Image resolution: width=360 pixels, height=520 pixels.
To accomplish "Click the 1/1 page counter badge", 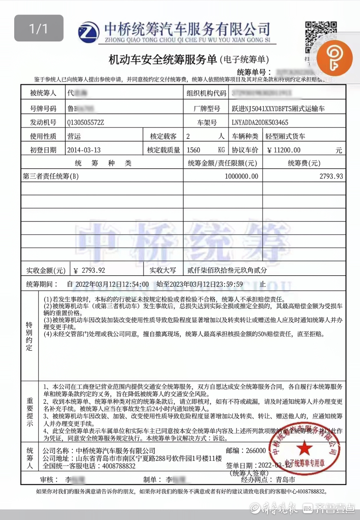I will [x=39, y=28].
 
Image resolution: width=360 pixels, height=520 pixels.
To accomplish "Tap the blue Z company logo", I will [x=89, y=32].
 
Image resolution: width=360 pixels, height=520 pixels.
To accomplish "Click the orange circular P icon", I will [x=334, y=58].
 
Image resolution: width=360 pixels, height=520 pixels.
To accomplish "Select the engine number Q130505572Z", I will [x=85, y=123].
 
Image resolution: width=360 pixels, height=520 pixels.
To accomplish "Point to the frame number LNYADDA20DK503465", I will [x=260, y=123].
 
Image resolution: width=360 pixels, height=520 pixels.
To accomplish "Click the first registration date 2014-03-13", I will [x=84, y=150].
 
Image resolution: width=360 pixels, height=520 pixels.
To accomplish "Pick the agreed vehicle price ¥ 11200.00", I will [x=283, y=150].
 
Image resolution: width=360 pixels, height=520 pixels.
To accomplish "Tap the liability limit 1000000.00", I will [x=241, y=176].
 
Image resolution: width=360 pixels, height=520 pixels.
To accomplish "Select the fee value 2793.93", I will [x=331, y=176].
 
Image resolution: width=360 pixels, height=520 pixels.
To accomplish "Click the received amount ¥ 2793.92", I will [x=90, y=270].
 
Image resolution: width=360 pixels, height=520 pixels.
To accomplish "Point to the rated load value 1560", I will [x=193, y=150].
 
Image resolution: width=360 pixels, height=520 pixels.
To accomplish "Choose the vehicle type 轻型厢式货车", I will [x=285, y=136].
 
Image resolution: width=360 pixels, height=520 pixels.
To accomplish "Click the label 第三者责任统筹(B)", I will [x=51, y=176].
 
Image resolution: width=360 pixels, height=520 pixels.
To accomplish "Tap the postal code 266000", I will [x=256, y=451].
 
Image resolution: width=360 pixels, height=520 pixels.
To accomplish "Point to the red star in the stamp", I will [x=304, y=448].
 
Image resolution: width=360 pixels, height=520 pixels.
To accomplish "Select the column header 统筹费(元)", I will [x=304, y=163].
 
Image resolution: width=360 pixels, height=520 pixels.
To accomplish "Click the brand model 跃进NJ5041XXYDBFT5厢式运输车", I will [x=278, y=109].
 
